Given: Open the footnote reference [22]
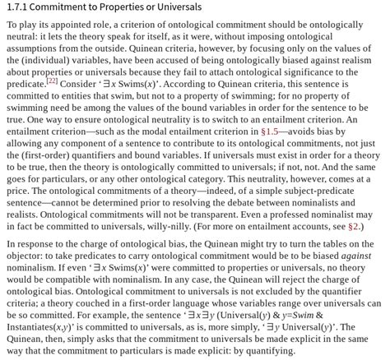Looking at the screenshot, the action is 51,81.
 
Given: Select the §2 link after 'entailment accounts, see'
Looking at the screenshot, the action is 352,226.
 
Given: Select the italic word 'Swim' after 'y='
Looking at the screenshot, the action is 304,315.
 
